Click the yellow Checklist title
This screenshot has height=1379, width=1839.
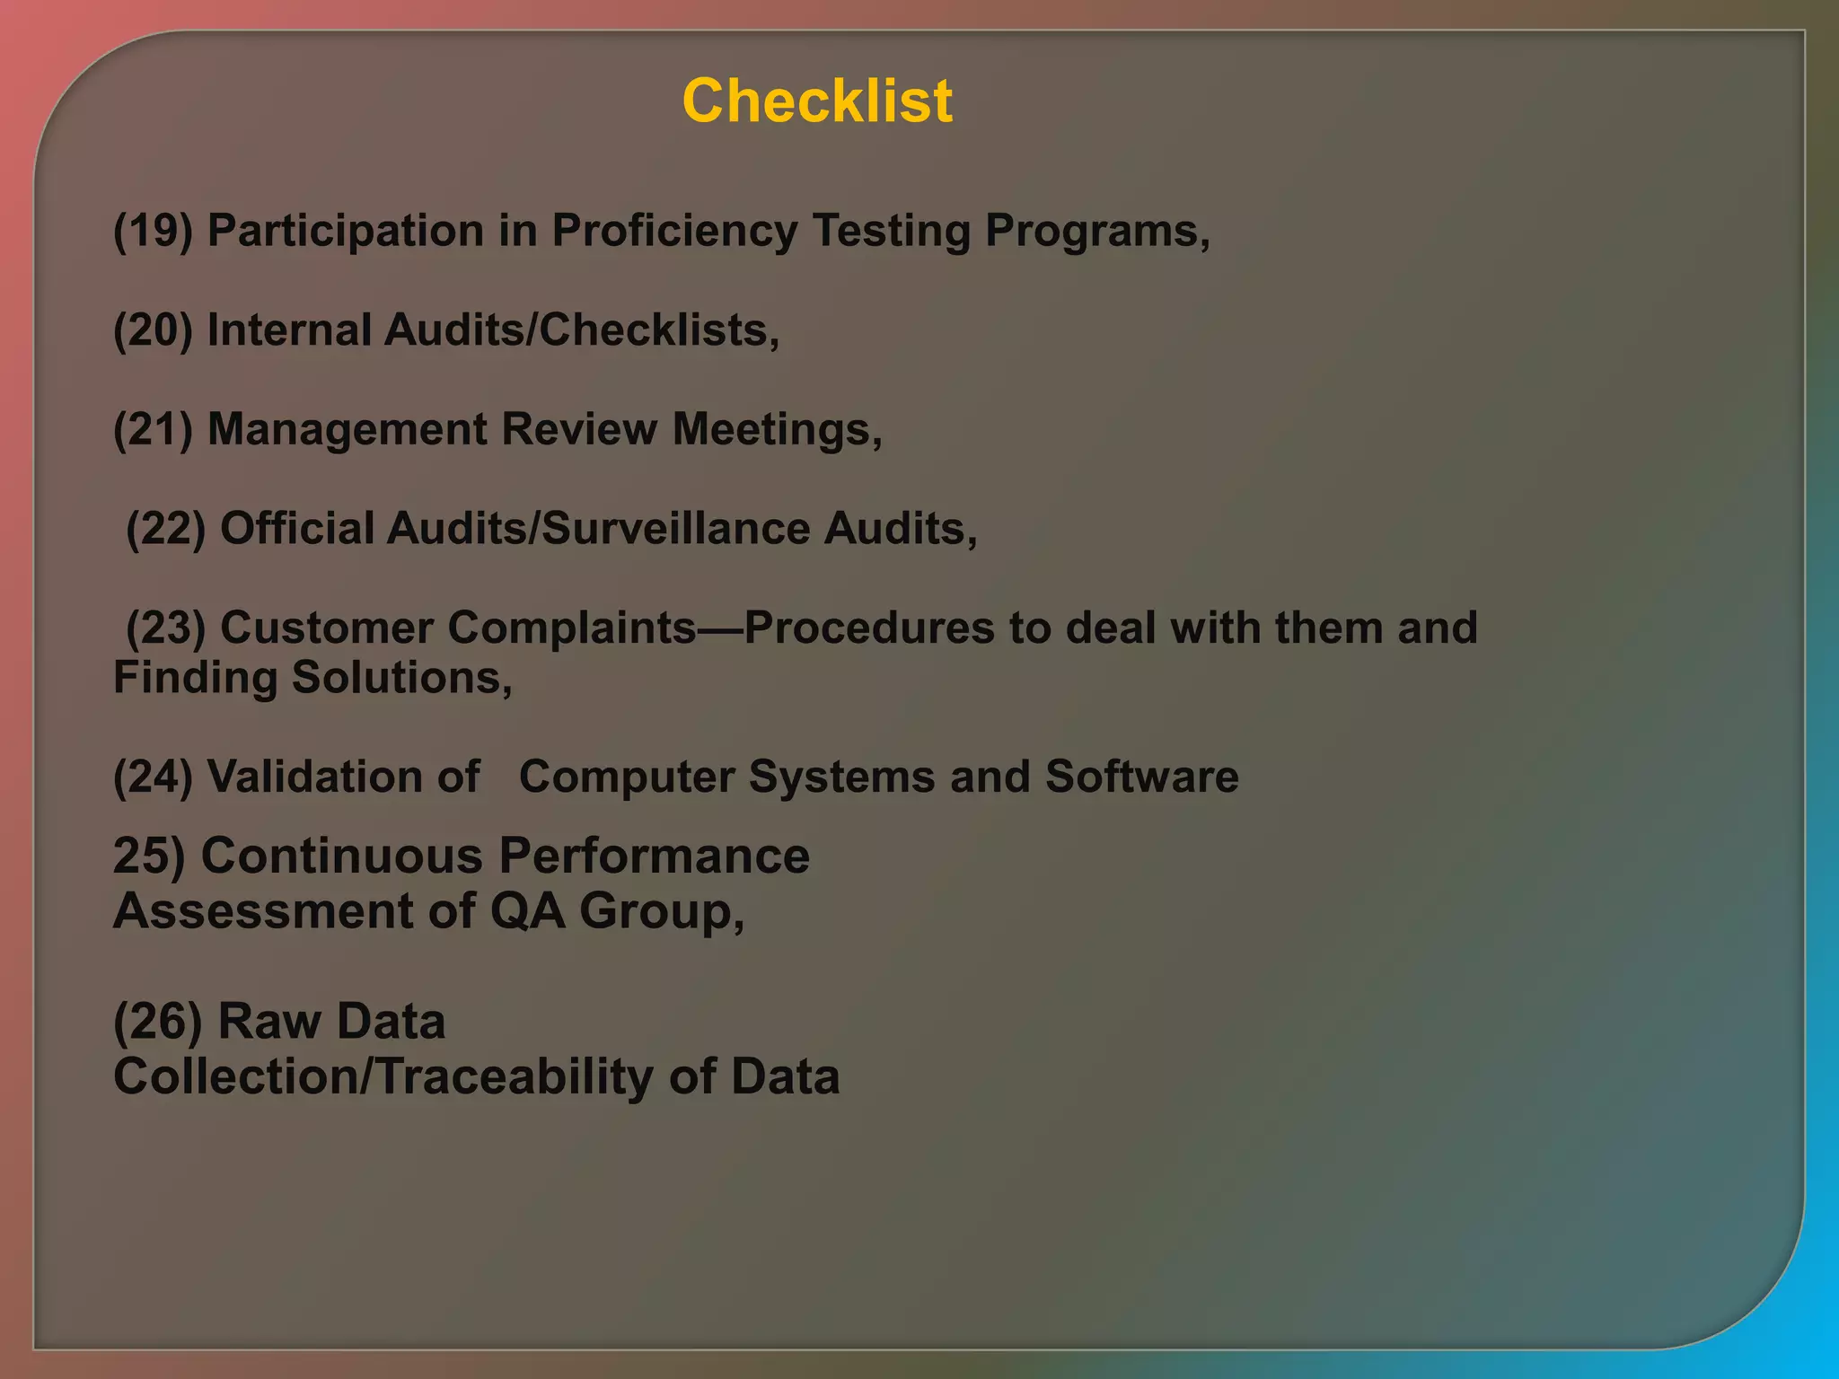coord(817,101)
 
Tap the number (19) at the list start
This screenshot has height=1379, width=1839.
coord(154,232)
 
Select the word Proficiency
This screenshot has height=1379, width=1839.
coord(673,232)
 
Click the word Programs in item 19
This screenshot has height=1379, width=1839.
coord(1096,232)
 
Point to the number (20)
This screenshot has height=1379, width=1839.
coord(154,330)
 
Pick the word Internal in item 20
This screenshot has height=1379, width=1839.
coord(288,330)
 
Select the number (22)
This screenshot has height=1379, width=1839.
coord(166,529)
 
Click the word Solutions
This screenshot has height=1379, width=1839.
coord(401,678)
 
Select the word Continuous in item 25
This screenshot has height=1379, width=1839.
coord(342,856)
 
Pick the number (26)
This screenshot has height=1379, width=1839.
coord(158,1022)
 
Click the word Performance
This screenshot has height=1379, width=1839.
coord(655,856)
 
